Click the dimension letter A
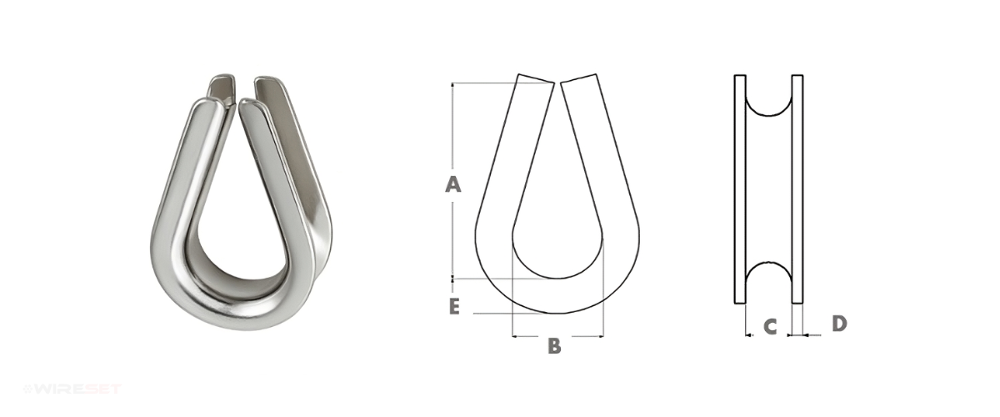point(452,184)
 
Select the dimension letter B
point(554,345)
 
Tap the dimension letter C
point(770,327)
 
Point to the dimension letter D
point(839,324)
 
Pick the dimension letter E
point(453,307)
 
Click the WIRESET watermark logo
point(72,389)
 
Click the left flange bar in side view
point(740,189)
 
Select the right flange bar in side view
point(797,189)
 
